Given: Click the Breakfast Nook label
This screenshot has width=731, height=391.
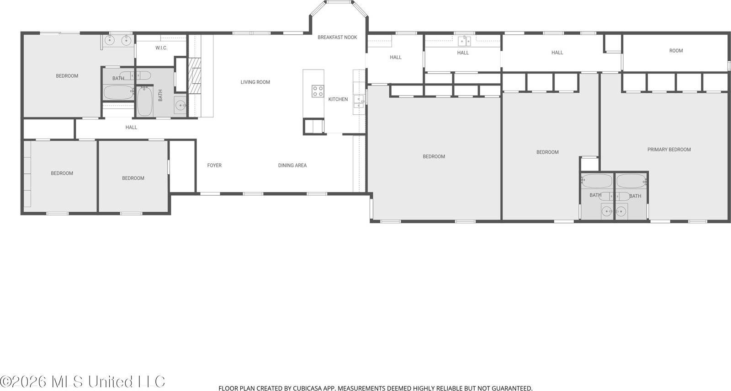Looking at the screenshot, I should point(337,37).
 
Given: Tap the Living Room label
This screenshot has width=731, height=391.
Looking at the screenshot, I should point(255,82).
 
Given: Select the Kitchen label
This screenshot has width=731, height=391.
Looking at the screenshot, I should point(338,99).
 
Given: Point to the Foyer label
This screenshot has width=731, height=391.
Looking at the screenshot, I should point(214,166).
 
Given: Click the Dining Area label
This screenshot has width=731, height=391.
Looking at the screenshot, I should point(292,166).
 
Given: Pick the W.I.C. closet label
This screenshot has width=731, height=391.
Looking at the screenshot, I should point(161,48).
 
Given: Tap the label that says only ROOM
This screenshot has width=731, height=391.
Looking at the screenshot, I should point(676,51).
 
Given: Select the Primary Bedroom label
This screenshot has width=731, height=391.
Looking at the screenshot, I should point(669,150).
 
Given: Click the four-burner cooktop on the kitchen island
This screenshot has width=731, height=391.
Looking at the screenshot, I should point(318,91).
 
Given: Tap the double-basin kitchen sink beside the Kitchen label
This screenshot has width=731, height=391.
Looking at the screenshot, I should point(359,101).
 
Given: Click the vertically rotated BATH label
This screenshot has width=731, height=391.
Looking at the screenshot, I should point(160,95).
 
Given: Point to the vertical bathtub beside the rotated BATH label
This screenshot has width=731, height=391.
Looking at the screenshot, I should point(145,102).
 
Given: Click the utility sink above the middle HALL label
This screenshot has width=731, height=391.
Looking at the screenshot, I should point(464,42).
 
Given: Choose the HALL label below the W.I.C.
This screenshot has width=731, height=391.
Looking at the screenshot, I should point(131,128).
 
